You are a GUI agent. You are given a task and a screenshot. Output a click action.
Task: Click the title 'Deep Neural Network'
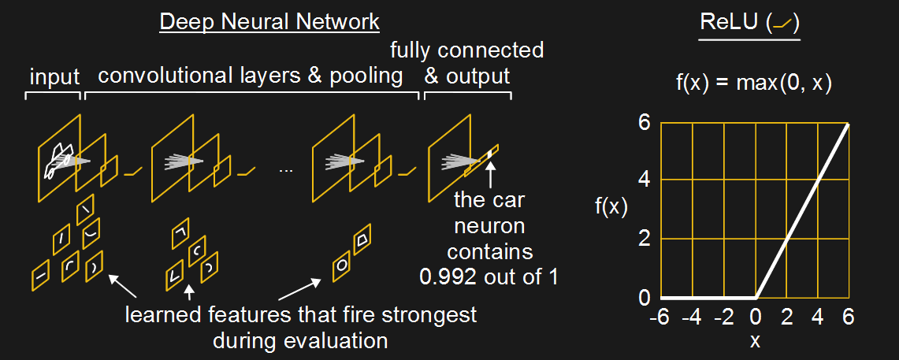[x=269, y=21]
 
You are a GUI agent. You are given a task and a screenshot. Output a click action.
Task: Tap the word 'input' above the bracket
[x=54, y=77]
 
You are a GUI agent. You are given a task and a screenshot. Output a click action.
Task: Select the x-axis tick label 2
[x=786, y=317]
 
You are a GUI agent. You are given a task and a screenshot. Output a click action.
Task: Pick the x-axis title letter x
[x=756, y=342]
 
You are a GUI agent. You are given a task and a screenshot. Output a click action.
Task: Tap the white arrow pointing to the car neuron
[x=490, y=172]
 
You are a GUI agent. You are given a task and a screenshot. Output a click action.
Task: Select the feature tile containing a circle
[x=342, y=265]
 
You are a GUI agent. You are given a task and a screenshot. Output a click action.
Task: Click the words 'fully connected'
[x=467, y=51]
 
